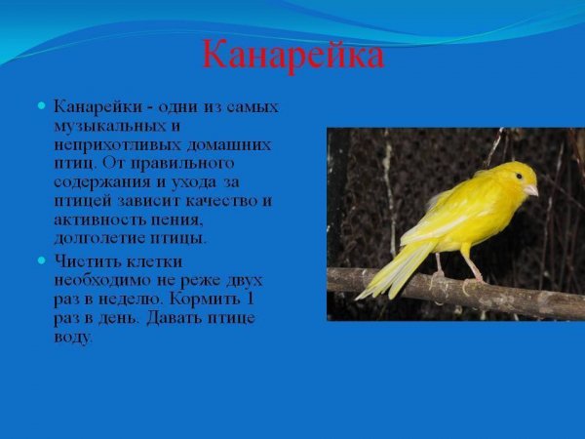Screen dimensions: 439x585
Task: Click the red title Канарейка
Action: coord(292,55)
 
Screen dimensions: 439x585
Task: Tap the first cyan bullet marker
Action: coord(42,104)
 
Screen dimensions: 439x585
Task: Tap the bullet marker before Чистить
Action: coord(42,260)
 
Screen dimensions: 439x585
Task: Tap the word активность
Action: coord(99,219)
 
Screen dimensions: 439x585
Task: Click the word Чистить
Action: coord(86,261)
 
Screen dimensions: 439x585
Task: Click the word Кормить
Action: coord(207,299)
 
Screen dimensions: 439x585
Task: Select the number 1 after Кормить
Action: coord(251,299)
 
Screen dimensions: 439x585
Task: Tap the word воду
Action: coord(73,338)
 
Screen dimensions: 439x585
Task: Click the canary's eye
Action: coord(520,177)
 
